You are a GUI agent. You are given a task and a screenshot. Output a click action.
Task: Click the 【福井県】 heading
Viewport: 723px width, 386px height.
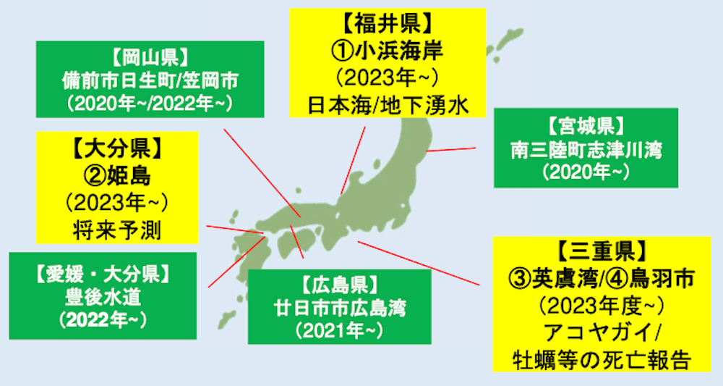[387, 26]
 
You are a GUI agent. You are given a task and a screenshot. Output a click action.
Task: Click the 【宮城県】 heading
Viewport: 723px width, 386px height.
[586, 127]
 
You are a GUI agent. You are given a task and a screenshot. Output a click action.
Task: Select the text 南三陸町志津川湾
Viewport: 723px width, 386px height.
[586, 150]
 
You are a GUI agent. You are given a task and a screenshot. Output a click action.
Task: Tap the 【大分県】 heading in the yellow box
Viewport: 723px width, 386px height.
[116, 151]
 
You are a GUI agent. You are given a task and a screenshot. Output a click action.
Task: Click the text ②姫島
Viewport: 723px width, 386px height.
[116, 176]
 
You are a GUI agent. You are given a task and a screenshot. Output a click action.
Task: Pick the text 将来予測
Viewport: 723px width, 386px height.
[116, 229]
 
